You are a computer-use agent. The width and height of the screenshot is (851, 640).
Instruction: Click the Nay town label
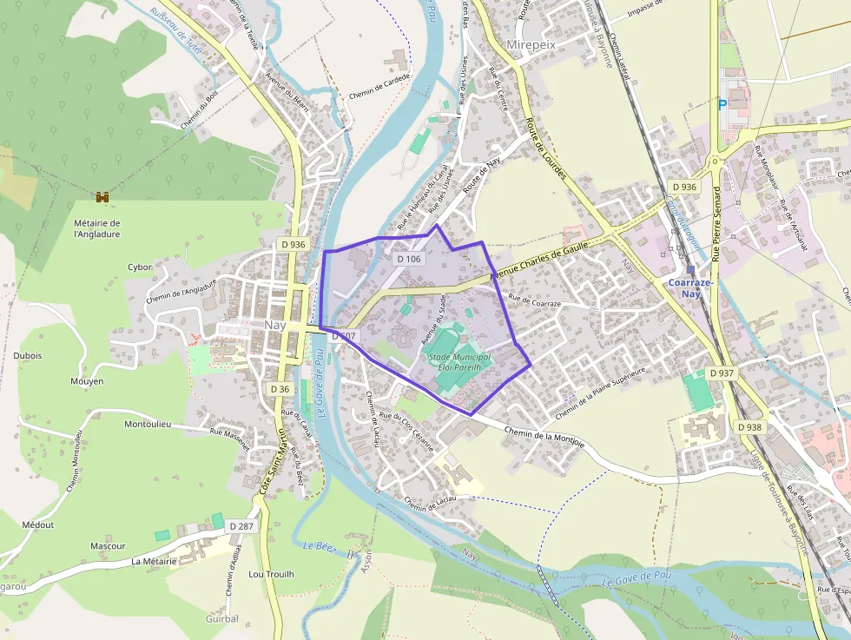(x=275, y=324)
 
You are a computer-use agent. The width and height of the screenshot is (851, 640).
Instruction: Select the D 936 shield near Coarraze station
(x=684, y=187)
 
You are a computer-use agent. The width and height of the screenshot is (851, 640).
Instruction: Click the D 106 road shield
(x=408, y=259)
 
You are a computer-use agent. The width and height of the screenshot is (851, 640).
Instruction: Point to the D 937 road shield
(x=722, y=373)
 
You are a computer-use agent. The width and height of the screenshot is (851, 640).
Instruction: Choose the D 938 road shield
(x=749, y=426)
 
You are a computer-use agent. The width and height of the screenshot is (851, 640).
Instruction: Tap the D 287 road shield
(x=241, y=526)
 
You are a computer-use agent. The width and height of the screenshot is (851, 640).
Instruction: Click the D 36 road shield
(x=279, y=389)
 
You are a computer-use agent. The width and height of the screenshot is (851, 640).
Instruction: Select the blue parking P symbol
(x=722, y=104)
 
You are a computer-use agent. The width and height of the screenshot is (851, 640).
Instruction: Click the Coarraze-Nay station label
(x=690, y=288)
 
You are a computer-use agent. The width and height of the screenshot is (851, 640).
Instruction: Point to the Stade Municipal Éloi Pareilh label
(x=459, y=362)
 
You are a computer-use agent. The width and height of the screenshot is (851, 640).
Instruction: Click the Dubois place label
(x=28, y=355)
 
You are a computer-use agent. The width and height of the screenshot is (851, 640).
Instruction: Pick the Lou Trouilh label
(x=271, y=574)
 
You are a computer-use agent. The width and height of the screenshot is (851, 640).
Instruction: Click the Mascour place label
(x=108, y=546)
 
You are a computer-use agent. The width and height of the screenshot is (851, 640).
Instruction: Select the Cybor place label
(x=140, y=267)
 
